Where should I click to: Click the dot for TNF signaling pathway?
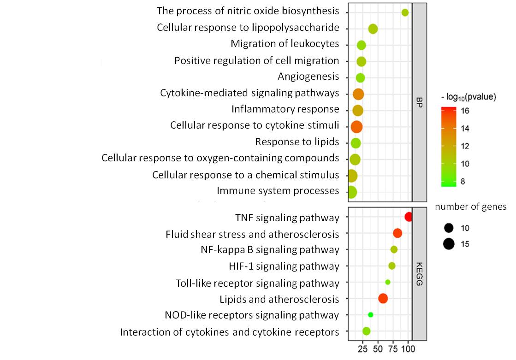(x=408, y=217)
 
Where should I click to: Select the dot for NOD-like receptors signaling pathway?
(x=370, y=315)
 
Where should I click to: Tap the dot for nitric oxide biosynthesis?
(x=405, y=12)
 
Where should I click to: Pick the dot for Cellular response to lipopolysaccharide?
(x=373, y=29)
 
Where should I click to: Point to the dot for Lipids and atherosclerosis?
(x=383, y=299)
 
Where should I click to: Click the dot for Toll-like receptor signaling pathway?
(x=387, y=282)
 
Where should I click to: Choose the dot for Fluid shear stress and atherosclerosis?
(x=397, y=233)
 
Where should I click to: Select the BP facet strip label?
(x=419, y=102)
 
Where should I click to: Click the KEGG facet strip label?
(x=419, y=274)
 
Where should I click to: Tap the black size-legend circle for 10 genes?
(x=448, y=228)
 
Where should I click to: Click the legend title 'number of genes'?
(x=470, y=207)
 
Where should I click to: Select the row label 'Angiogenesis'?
(x=308, y=77)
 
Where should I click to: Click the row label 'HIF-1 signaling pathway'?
(x=284, y=266)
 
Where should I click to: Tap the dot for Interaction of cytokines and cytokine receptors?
(x=366, y=331)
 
